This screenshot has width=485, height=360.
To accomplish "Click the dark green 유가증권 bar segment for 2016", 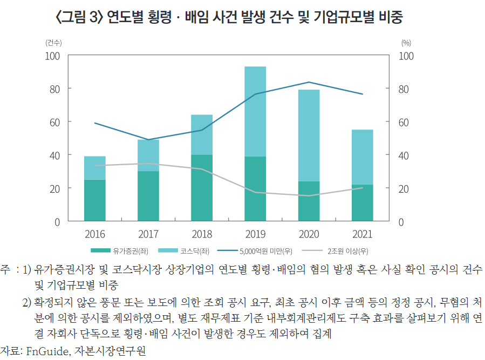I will [x=95, y=200].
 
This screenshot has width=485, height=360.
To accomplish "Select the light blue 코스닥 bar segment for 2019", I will [x=255, y=111].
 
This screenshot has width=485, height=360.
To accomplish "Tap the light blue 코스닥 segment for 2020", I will [x=309, y=135].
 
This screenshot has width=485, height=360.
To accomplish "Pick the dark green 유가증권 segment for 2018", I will [x=202, y=188].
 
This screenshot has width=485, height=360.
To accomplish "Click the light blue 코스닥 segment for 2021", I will [x=362, y=157].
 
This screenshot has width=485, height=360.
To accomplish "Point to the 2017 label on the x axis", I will [x=148, y=235].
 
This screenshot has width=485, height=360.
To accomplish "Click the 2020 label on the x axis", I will [x=309, y=235].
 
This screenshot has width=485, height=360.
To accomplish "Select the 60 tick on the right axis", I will [x=404, y=122].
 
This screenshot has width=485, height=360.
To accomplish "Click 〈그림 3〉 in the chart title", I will [x=79, y=17].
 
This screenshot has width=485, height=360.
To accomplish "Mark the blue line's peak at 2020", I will [x=309, y=82].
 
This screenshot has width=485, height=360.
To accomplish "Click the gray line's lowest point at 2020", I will [x=309, y=196].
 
